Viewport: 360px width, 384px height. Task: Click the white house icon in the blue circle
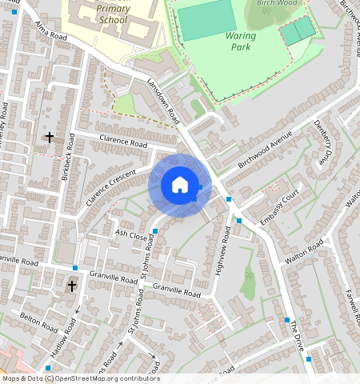[x=180, y=186]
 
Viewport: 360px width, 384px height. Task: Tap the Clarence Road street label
[x=123, y=143]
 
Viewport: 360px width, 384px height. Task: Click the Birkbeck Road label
[x=70, y=155]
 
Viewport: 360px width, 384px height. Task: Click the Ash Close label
[x=132, y=235]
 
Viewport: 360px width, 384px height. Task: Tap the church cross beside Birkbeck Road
[x=50, y=138]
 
